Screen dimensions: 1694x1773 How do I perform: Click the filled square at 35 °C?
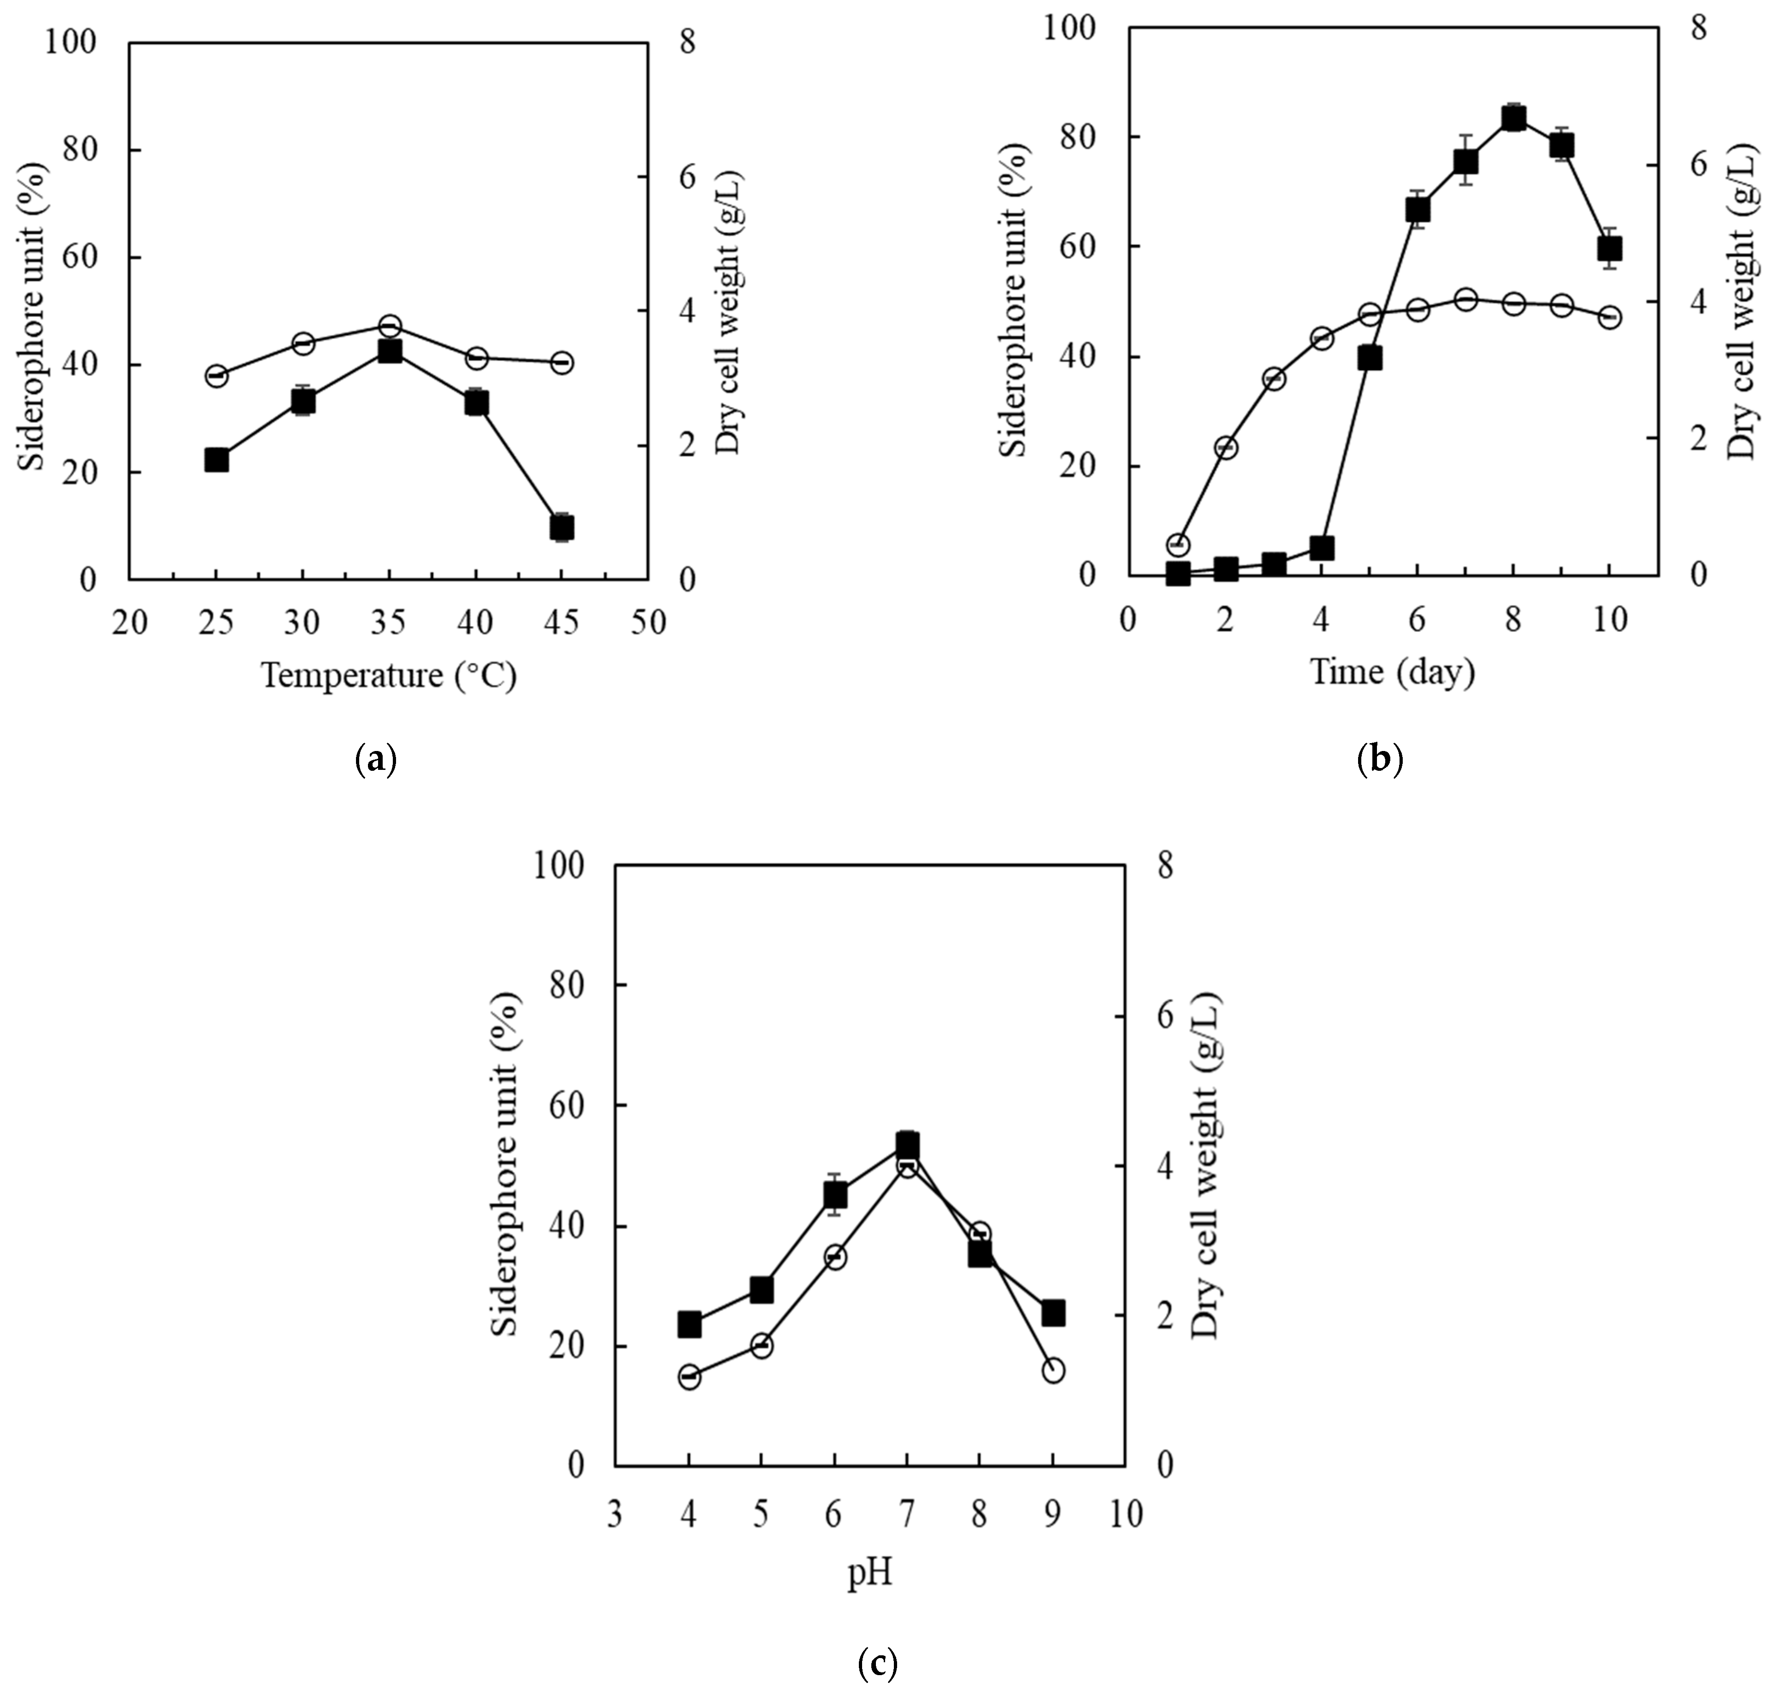(389, 351)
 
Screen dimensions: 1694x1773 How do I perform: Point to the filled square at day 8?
(1514, 118)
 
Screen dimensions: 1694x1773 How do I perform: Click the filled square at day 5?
(1369, 358)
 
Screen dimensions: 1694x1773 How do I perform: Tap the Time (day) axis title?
(1392, 671)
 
